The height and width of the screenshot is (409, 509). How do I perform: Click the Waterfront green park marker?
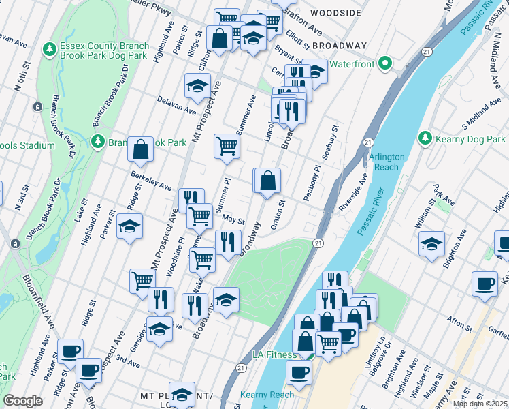pos(384,64)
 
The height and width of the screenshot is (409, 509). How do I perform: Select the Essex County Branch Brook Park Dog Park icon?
pos(49,49)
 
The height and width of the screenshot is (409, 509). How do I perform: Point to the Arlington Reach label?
pos(387,162)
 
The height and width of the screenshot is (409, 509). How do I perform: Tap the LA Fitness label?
pos(274,354)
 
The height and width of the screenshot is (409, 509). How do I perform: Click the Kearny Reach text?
pos(267,395)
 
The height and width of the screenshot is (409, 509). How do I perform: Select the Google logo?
pos(22,401)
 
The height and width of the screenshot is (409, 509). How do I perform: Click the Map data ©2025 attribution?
pos(480,404)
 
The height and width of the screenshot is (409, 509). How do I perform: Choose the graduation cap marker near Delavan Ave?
pos(197,86)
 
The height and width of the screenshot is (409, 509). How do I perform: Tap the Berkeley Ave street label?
pos(151,181)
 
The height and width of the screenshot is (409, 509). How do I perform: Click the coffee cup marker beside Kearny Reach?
pos(299,373)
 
